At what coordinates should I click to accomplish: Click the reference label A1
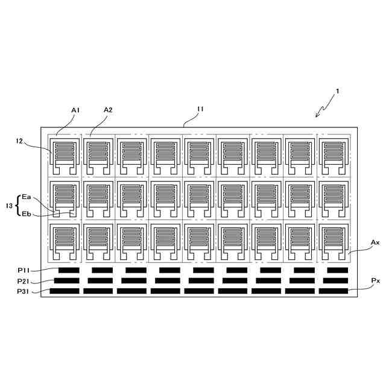pyautogui.click(x=75, y=110)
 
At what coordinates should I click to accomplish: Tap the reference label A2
pyautogui.click(x=108, y=110)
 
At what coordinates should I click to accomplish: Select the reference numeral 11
pyautogui.click(x=200, y=109)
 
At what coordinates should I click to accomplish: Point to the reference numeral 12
pyautogui.click(x=20, y=141)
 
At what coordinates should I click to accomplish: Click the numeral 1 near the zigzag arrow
pyautogui.click(x=338, y=91)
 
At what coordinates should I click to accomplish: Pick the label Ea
pyautogui.click(x=26, y=197)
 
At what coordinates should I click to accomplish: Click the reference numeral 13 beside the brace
pyautogui.click(x=8, y=206)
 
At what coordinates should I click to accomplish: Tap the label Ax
pyautogui.click(x=375, y=242)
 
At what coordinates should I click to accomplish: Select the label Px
pyautogui.click(x=375, y=281)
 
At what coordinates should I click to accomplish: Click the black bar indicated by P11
pyautogui.click(x=69, y=270)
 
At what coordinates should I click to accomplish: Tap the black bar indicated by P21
pyautogui.click(x=66, y=280)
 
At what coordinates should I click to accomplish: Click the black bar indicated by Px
pyautogui.click(x=334, y=291)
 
